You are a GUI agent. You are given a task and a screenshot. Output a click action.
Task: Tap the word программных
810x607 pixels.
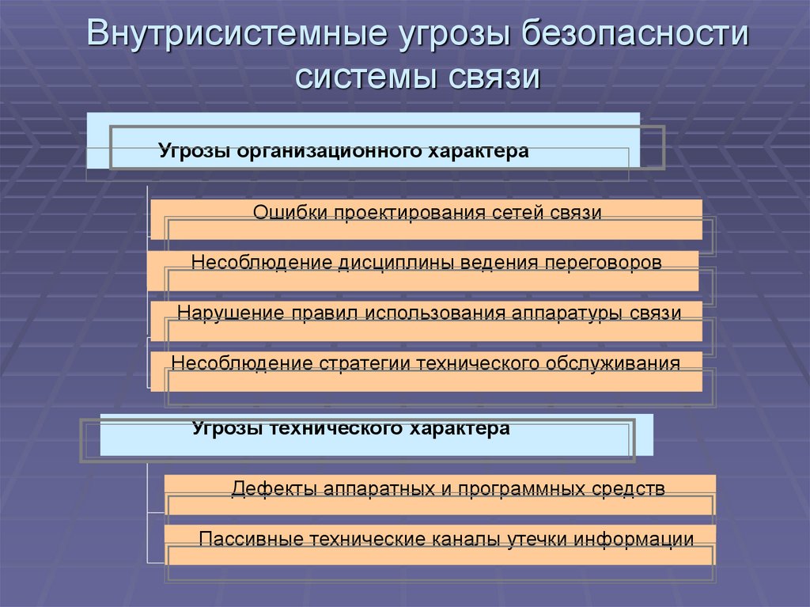[x=519, y=487]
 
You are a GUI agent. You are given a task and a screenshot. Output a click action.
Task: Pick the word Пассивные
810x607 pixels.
[x=252, y=539]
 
